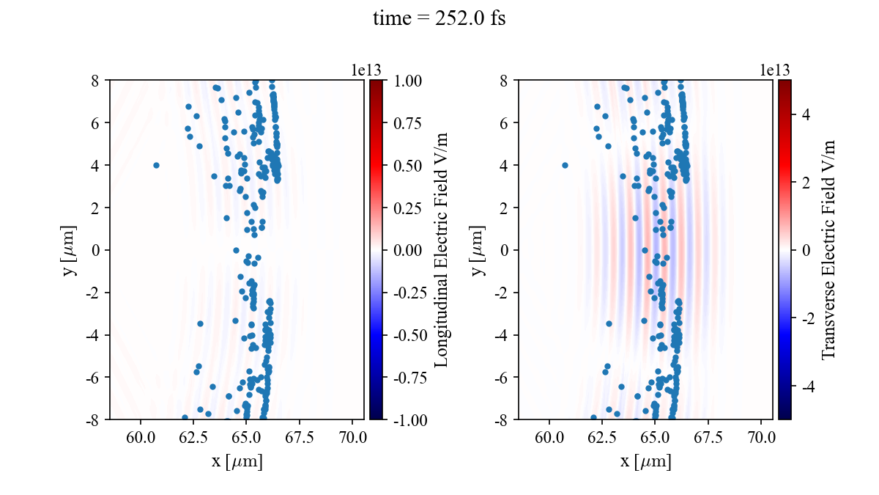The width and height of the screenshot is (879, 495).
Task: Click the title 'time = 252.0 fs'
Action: click(x=439, y=19)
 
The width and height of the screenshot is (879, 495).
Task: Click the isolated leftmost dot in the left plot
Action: click(x=156, y=165)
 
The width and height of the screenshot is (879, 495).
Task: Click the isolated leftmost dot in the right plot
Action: click(x=565, y=165)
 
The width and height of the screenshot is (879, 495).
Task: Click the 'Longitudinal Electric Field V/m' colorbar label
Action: click(x=442, y=249)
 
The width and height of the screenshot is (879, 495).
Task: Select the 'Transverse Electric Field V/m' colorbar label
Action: click(x=828, y=249)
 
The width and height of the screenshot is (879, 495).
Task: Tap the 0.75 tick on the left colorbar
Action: click(x=408, y=122)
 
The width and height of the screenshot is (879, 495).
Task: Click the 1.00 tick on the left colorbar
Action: click(x=408, y=80)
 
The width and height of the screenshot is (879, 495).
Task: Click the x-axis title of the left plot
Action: click(x=237, y=462)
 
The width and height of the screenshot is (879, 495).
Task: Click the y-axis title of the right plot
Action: click(x=481, y=249)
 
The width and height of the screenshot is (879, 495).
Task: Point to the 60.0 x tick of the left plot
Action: click(x=142, y=438)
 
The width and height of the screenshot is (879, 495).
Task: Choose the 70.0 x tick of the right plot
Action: click(x=762, y=438)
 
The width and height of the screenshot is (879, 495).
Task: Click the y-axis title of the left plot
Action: click(x=71, y=249)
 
